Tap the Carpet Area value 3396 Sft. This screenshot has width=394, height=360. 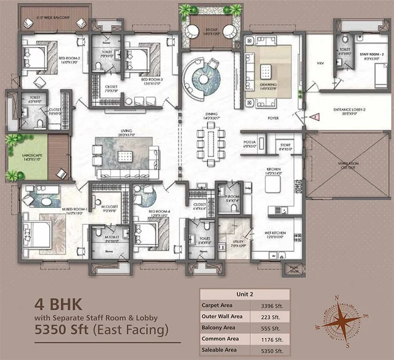click(x=271, y=305)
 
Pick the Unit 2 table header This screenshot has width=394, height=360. click(x=241, y=294)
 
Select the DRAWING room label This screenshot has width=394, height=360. click(x=269, y=85)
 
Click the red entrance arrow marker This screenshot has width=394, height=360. click(x=315, y=117)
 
